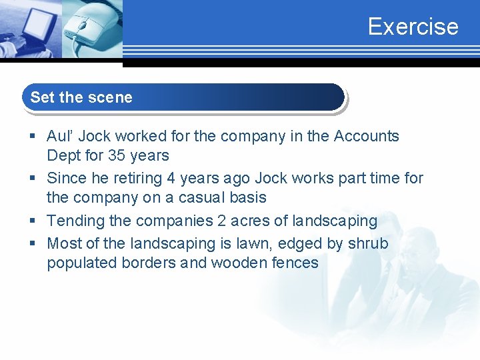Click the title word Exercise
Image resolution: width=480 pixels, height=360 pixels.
point(413,27)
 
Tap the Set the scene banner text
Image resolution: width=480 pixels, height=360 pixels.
point(81,97)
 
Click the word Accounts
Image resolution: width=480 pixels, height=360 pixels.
point(366,137)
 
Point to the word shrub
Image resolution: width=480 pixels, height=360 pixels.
point(368,243)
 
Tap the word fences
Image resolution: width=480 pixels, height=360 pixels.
point(295,263)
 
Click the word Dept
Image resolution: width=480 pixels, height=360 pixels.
point(62,157)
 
